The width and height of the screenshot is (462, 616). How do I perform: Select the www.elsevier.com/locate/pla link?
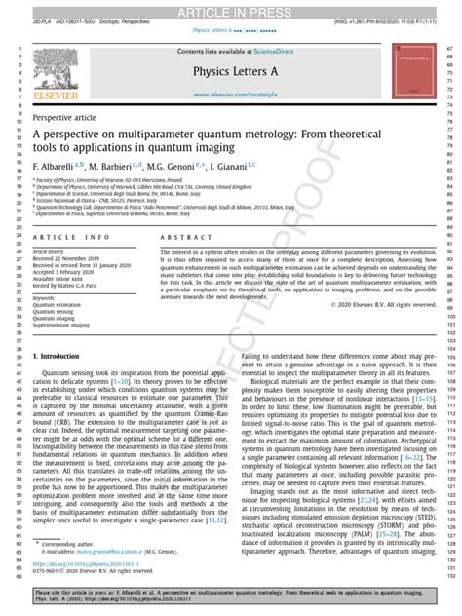[231, 96]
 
